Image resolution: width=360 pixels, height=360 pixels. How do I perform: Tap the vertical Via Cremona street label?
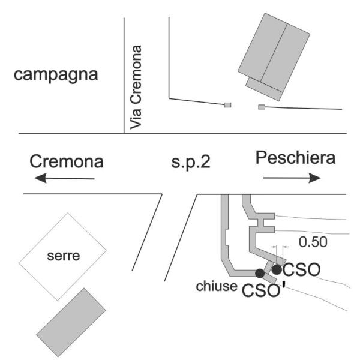tap(137, 88)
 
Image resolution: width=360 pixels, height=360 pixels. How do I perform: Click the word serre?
tap(66, 257)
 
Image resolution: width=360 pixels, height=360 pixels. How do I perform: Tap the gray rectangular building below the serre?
tap(71, 321)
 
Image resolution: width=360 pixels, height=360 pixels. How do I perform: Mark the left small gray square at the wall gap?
tap(227, 106)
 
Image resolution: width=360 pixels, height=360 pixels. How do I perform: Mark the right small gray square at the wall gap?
tap(262, 107)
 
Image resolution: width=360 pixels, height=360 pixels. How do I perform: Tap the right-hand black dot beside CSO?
tap(277, 269)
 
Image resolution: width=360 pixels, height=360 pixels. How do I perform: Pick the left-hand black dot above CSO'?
tap(259, 274)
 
